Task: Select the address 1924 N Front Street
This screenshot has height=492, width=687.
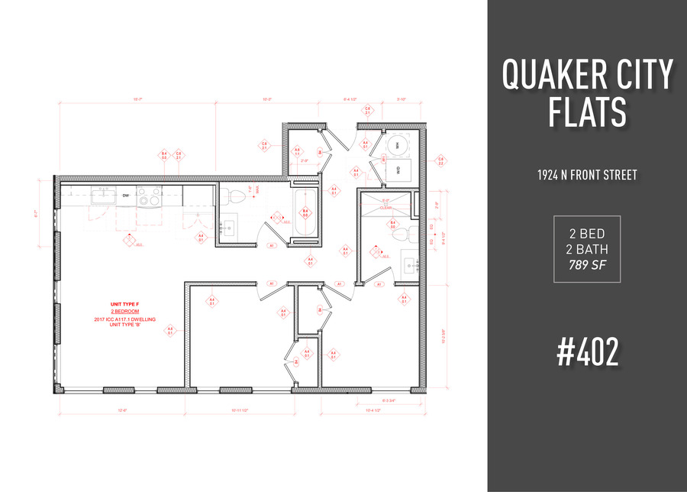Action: tap(586, 175)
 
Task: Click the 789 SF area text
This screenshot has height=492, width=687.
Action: tap(586, 265)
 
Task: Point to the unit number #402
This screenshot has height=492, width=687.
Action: tap(586, 353)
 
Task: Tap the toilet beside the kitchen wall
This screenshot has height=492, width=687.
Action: tap(236, 196)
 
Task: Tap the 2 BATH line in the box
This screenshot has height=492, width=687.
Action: tap(586, 248)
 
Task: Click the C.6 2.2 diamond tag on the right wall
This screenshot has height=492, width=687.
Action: tap(441, 161)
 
